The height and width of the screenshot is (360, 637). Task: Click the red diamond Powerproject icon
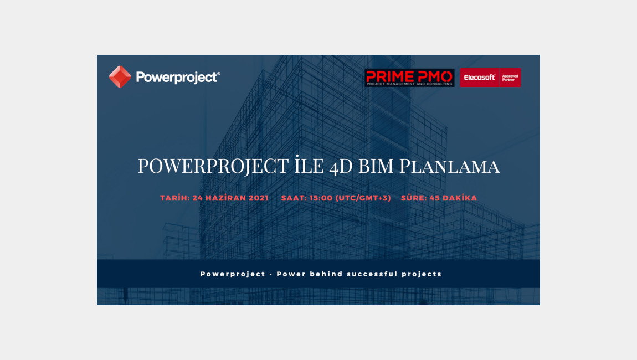[x=120, y=77]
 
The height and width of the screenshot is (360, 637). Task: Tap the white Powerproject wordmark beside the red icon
[x=178, y=78]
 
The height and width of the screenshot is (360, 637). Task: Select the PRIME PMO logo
[x=409, y=78]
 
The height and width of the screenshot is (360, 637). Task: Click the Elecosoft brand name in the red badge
[x=480, y=78]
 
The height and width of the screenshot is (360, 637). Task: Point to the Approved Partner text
[x=510, y=78]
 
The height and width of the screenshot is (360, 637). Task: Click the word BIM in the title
[x=376, y=166]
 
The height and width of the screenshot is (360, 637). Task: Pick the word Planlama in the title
[x=449, y=166]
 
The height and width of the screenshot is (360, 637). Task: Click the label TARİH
[x=174, y=198]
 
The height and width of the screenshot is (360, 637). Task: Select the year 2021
[x=258, y=198]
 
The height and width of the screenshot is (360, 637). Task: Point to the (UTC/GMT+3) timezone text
[x=363, y=198]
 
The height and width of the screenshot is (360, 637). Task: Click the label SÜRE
[x=413, y=198]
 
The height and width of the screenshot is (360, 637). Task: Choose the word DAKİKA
[x=459, y=198]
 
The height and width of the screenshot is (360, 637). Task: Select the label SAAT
[x=293, y=198]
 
